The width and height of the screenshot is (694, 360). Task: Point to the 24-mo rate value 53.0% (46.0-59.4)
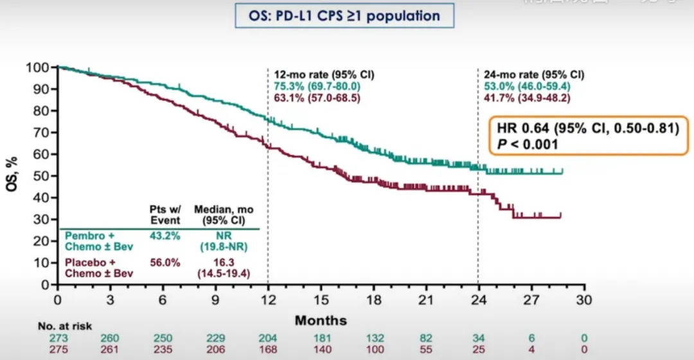tap(526, 86)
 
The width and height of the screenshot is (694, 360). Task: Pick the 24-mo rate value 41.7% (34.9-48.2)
tap(526, 98)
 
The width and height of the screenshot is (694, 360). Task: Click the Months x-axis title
tap(321, 320)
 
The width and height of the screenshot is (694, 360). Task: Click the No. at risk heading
tap(64, 327)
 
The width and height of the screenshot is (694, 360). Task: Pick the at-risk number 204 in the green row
tap(269, 338)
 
